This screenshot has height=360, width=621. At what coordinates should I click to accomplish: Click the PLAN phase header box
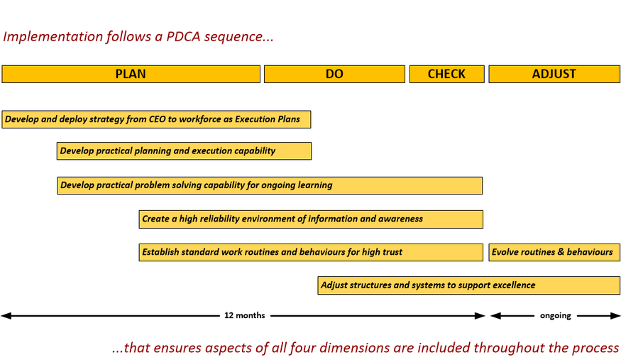point(131,74)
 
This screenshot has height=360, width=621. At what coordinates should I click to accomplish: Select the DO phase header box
point(335,74)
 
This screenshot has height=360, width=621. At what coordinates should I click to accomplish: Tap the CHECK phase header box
point(446,74)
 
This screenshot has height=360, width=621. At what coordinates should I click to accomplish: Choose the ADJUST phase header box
point(554,74)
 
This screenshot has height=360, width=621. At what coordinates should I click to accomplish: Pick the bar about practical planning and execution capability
point(184,151)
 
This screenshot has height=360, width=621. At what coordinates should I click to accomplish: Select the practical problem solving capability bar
point(270,185)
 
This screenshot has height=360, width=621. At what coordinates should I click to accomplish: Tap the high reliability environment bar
point(311,219)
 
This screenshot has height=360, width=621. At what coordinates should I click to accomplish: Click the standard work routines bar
point(311,252)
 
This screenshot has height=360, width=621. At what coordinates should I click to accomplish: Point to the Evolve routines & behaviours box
point(554,252)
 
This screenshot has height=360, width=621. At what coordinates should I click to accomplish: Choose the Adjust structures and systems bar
point(469,285)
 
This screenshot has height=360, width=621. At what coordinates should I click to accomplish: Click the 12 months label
point(245,315)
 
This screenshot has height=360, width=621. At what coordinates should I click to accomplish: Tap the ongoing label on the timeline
point(555,316)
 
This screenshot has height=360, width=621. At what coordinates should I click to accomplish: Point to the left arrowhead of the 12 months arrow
point(6,316)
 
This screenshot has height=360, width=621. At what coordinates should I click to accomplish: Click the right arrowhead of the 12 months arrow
point(480,316)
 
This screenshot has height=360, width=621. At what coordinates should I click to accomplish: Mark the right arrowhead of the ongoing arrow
point(615,316)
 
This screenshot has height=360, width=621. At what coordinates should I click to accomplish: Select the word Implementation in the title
point(53,36)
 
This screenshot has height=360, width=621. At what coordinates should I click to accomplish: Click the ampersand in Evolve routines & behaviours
point(561,252)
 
